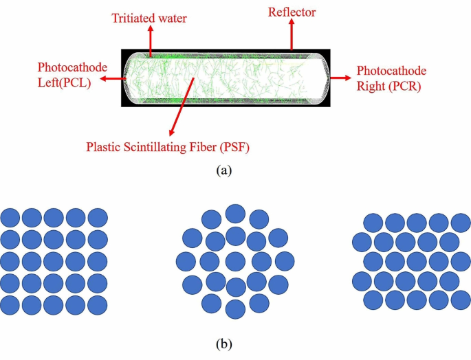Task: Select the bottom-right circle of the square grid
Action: [98, 304]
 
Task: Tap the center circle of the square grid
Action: [54, 262]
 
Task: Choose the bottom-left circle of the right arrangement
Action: [373, 300]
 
